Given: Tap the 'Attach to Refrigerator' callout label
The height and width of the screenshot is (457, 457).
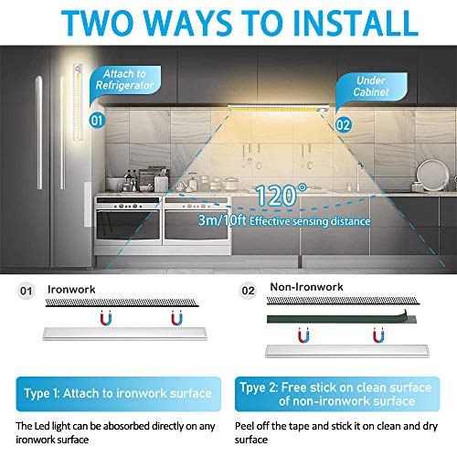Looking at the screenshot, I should tap(124, 80).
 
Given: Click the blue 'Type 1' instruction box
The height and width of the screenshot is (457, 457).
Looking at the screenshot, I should tap(116, 394).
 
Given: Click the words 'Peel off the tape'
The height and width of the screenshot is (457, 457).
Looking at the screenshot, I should tap(283, 428).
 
